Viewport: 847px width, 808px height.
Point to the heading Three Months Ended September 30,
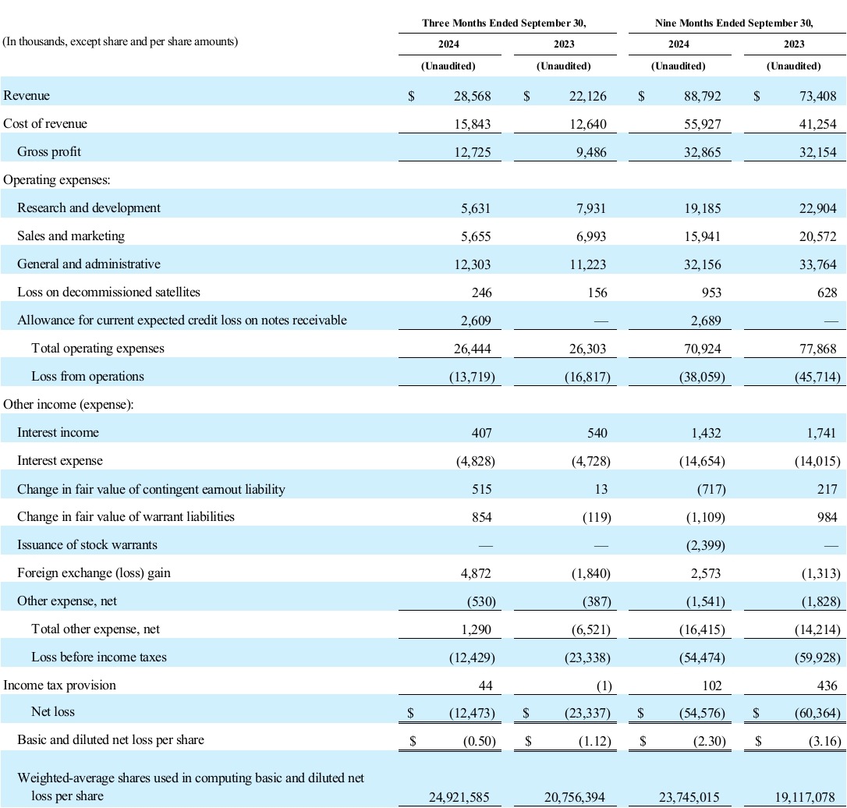pyautogui.click(x=504, y=23)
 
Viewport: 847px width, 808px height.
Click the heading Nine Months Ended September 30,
pyautogui.click(x=734, y=23)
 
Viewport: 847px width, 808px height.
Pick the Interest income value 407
pyautogui.click(x=481, y=432)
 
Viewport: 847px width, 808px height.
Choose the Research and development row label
pyautogui.click(x=89, y=207)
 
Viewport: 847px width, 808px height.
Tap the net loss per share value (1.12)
pyautogui.click(x=590, y=739)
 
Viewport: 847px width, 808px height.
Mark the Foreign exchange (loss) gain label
pyautogui.click(x=94, y=572)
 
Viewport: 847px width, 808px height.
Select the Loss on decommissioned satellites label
pyautogui.click(x=108, y=292)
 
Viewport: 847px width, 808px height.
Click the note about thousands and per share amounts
pyautogui.click(x=121, y=41)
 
